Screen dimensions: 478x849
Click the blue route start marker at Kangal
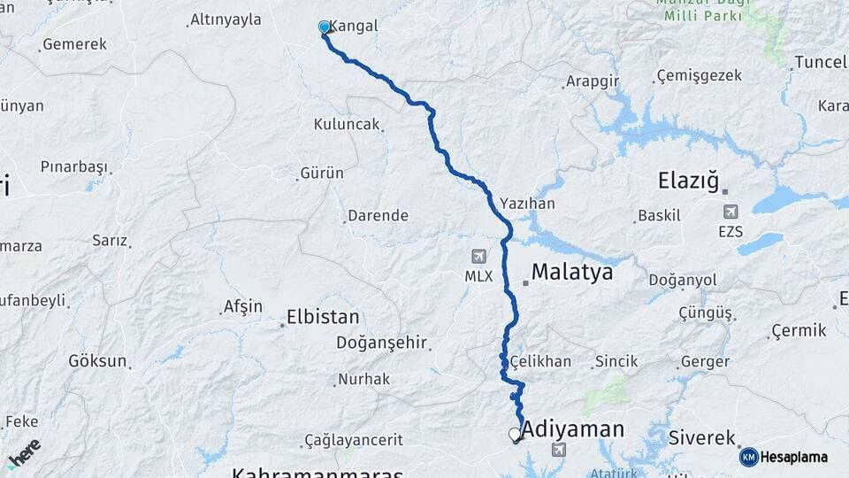tap(325, 27)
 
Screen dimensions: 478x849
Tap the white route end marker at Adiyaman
tap(514, 434)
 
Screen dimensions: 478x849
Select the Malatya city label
tap(572, 272)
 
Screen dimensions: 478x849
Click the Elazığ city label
tap(691, 181)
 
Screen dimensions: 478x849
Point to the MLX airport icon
tap(479, 257)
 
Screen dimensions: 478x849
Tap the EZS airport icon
tap(730, 212)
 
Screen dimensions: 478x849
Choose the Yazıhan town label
tap(527, 203)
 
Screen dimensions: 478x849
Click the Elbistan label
tap(323, 317)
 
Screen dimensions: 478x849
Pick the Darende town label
tap(378, 215)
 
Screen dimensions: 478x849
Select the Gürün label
tap(322, 173)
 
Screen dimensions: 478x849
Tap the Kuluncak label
tap(346, 125)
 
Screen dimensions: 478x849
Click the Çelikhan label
tap(540, 361)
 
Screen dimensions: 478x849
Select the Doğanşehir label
tap(381, 342)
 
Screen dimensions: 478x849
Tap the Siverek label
tap(702, 437)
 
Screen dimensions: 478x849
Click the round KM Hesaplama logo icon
tap(749, 457)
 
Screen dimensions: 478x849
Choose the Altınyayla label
tap(226, 19)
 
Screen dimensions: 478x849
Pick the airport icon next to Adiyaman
tap(559, 450)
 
